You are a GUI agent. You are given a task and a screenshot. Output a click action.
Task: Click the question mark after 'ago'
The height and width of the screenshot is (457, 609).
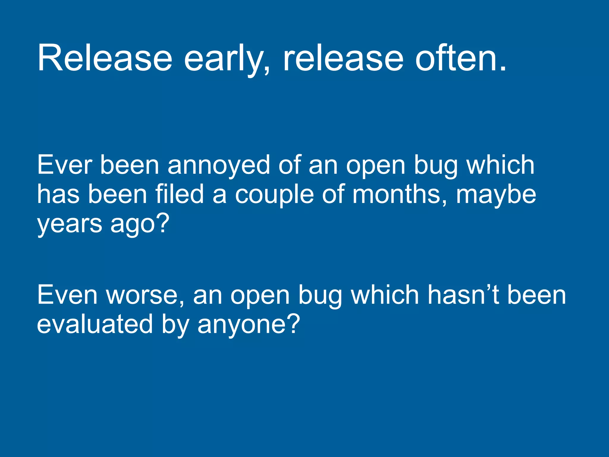coord(163,223)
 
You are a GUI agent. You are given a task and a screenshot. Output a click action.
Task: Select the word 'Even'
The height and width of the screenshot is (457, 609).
coord(67,295)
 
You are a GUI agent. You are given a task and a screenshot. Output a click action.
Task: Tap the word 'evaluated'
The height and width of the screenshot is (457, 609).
coord(95,324)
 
